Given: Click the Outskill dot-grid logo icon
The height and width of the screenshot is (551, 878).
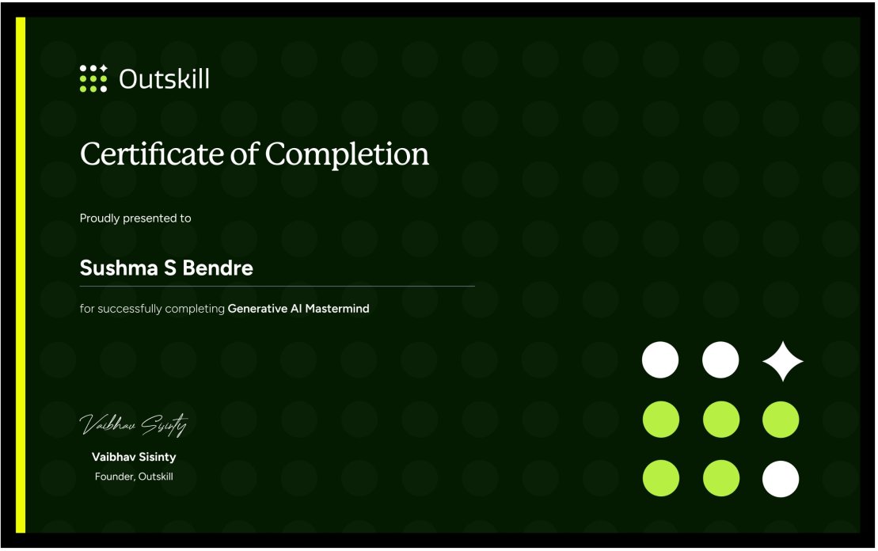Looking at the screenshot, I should (93, 78).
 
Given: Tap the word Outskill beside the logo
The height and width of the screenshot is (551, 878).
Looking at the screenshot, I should (164, 79).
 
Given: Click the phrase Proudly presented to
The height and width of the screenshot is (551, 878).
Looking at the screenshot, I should (135, 218).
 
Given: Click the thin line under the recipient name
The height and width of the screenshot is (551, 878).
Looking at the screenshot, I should (277, 286).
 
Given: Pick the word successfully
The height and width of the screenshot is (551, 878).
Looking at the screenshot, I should (131, 310).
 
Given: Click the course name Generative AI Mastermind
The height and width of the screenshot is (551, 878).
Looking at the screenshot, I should (298, 309).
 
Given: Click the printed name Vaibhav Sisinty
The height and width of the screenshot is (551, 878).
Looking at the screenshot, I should (134, 458).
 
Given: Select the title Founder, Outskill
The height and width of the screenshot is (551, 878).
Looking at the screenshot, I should (134, 477).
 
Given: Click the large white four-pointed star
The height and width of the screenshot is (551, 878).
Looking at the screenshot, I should (782, 361).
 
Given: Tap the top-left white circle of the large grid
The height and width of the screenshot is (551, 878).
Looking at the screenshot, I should (660, 360).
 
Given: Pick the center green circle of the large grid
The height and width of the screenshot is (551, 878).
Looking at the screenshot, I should (720, 420).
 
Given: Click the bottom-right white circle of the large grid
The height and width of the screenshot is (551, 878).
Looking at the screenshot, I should (781, 479).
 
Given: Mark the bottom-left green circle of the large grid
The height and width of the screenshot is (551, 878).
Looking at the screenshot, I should (660, 479).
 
